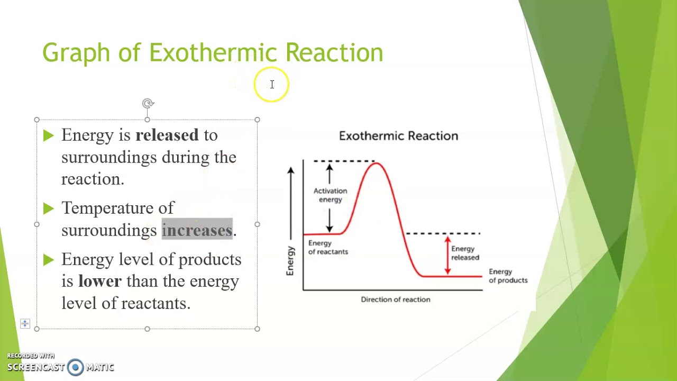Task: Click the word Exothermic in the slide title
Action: (x=213, y=53)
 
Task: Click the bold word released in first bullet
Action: (x=167, y=135)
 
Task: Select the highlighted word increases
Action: (x=197, y=230)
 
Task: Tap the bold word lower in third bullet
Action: (x=99, y=281)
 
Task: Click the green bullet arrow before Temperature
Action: (x=49, y=208)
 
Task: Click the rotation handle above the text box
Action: (x=148, y=104)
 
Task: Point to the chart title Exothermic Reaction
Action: (x=398, y=136)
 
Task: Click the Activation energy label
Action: (x=330, y=195)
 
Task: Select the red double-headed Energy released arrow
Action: (x=447, y=255)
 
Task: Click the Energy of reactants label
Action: (x=328, y=247)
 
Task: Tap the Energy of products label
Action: (x=508, y=276)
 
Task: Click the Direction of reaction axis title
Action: (x=395, y=300)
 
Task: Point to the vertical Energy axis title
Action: (x=290, y=260)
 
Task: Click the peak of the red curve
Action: (x=376, y=164)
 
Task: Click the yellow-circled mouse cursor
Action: (x=271, y=85)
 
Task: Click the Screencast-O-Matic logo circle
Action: (x=75, y=367)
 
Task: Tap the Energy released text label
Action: (x=465, y=253)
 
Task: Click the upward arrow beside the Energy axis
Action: (x=290, y=201)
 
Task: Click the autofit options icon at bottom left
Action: (x=25, y=323)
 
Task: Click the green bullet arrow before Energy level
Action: (x=49, y=260)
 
